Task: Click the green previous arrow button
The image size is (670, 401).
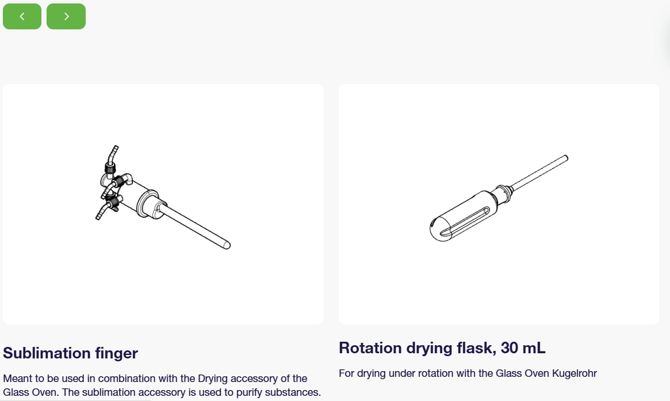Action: tap(22, 16)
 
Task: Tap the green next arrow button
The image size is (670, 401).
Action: tap(66, 16)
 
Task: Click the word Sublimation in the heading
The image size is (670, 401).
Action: tap(47, 353)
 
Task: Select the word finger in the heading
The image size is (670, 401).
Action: tap(116, 354)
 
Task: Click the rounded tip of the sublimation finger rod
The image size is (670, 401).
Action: tap(227, 245)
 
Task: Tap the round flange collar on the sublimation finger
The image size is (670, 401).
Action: tap(147, 204)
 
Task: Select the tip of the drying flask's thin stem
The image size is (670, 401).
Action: tap(566, 158)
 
